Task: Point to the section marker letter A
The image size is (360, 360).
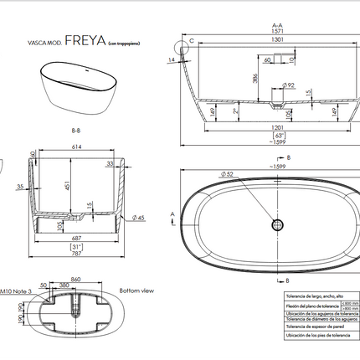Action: pyautogui.click(x=172, y=215)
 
